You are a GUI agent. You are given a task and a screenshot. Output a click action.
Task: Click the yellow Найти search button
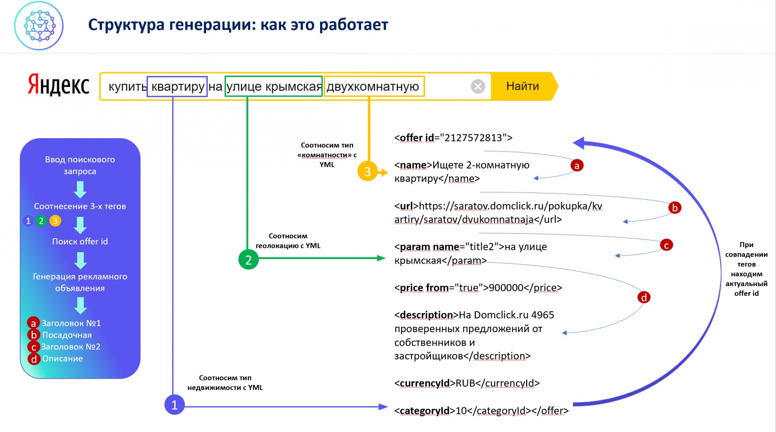click(522, 86)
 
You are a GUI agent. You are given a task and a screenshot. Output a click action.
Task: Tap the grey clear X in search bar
click(478, 86)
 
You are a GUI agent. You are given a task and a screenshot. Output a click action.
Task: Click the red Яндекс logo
click(59, 85)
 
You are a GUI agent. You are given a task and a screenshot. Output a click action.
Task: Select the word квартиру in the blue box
click(178, 87)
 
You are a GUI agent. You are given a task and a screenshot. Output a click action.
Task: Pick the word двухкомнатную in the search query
click(373, 87)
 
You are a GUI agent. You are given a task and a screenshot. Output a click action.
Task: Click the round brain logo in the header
click(39, 25)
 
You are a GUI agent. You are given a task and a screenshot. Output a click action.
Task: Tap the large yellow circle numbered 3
click(367, 171)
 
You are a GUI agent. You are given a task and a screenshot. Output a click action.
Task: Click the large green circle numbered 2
click(248, 259)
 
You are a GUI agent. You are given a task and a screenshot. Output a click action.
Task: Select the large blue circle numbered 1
click(174, 405)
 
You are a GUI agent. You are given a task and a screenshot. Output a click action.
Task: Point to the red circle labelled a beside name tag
click(577, 165)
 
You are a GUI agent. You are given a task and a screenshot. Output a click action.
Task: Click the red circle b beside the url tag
click(674, 208)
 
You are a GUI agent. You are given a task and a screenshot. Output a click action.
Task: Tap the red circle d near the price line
click(644, 297)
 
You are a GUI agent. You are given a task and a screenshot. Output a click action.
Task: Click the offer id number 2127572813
click(473, 138)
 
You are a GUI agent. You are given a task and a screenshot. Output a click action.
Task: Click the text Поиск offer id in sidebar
click(80, 241)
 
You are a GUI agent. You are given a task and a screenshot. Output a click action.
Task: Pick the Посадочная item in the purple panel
click(67, 335)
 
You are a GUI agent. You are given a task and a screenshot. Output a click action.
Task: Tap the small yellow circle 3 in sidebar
click(55, 221)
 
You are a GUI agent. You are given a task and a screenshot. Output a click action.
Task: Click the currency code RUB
click(465, 383)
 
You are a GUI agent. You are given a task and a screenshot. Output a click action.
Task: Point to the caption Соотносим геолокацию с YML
click(288, 240)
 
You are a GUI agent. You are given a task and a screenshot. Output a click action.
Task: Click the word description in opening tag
click(426, 315)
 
